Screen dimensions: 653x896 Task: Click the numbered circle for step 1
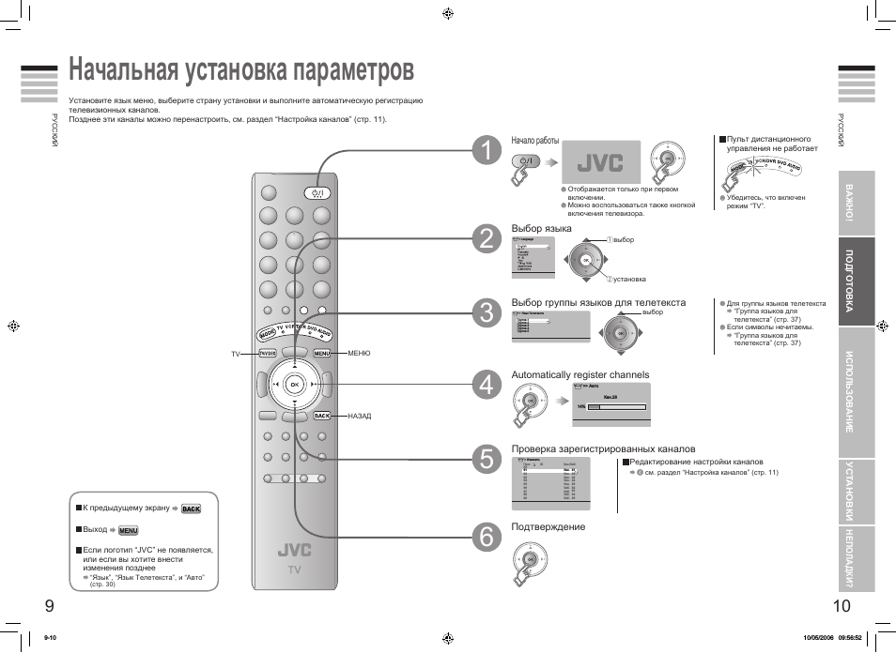click(x=486, y=152)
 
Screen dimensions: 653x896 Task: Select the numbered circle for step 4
click(x=486, y=385)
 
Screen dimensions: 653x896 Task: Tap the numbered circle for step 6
click(x=486, y=536)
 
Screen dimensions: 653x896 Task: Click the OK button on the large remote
click(x=294, y=385)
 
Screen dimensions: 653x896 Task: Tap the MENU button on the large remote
click(x=322, y=354)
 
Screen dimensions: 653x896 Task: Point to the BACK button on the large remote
click(x=322, y=416)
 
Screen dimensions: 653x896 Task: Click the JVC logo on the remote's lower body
click(x=294, y=550)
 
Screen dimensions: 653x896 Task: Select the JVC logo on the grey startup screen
click(x=600, y=162)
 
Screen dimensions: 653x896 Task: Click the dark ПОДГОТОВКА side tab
click(x=856, y=281)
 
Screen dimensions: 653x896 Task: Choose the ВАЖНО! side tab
click(x=856, y=203)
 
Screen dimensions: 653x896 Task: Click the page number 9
click(x=48, y=606)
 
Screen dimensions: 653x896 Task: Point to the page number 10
click(x=842, y=606)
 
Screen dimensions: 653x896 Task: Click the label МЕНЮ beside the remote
click(x=359, y=354)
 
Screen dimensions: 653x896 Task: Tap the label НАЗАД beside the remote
click(x=360, y=416)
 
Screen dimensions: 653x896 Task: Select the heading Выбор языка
click(x=541, y=229)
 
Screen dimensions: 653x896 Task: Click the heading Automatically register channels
click(x=579, y=375)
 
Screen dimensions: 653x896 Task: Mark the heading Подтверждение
click(x=548, y=527)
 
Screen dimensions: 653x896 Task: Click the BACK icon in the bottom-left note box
click(x=191, y=509)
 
